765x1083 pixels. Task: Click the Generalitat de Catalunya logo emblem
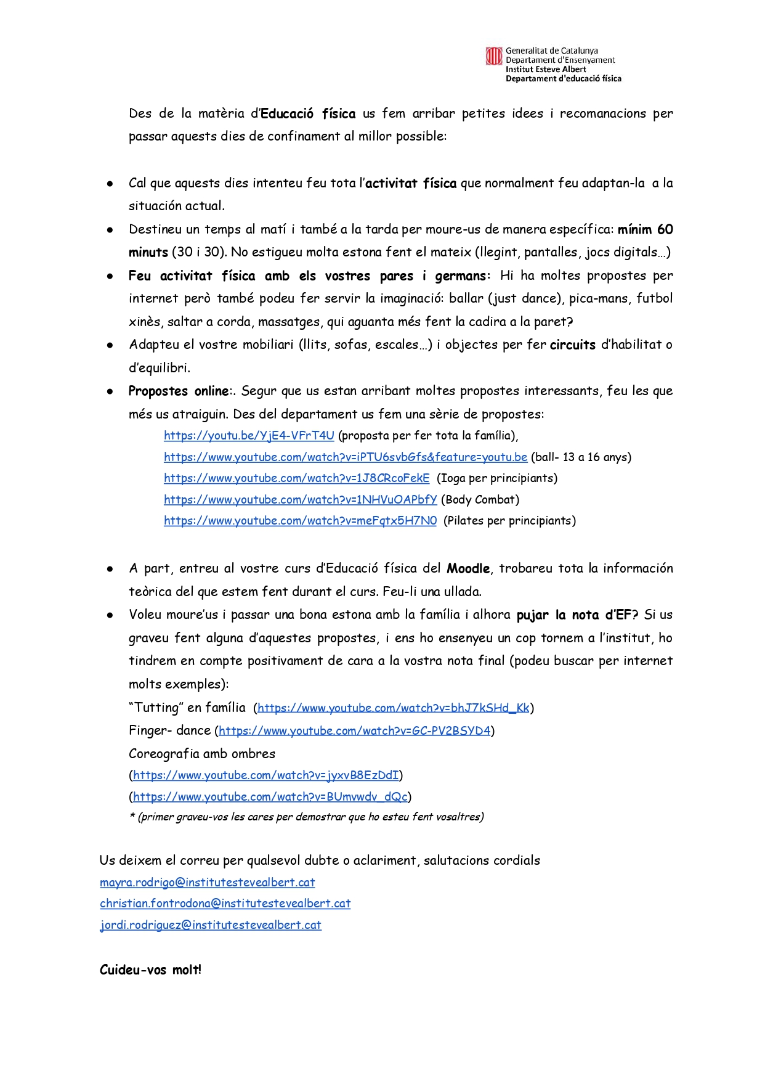point(494,56)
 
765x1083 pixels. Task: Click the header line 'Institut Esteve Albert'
point(546,70)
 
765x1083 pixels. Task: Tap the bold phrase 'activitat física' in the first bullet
point(411,183)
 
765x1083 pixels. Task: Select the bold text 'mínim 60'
point(645,229)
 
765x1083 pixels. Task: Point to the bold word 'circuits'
point(572,345)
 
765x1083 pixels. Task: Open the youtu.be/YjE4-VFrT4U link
point(249,436)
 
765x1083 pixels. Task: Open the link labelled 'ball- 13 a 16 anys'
point(346,457)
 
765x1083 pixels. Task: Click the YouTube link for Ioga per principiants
point(296,478)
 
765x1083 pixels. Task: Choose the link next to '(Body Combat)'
point(300,500)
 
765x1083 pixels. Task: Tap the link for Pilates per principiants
point(300,521)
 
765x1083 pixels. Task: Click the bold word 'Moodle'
point(468,568)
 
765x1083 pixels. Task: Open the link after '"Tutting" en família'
point(393,708)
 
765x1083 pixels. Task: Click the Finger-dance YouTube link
point(355,731)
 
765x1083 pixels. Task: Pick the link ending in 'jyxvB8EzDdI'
point(266,775)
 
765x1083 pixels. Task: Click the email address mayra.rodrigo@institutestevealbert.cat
point(207,883)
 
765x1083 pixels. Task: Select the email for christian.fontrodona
point(225,904)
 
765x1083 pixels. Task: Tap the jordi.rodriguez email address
point(210,925)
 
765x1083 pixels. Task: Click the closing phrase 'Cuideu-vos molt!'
point(150,970)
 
